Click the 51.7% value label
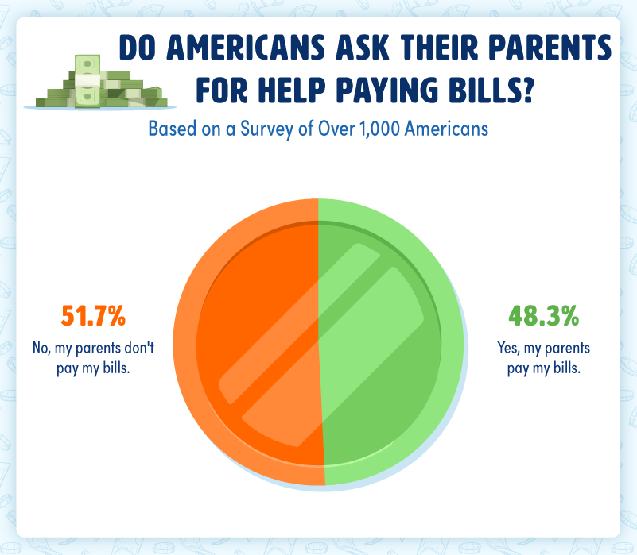click(93, 316)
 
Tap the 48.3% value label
click(544, 316)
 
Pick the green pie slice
click(390, 341)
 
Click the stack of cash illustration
click(99, 83)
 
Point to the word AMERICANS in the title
click(246, 47)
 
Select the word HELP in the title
click(292, 89)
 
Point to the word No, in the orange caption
click(41, 348)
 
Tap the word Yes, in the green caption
click(508, 348)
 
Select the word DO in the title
click(138, 47)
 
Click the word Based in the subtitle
click(167, 129)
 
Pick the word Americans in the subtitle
click(446, 129)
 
